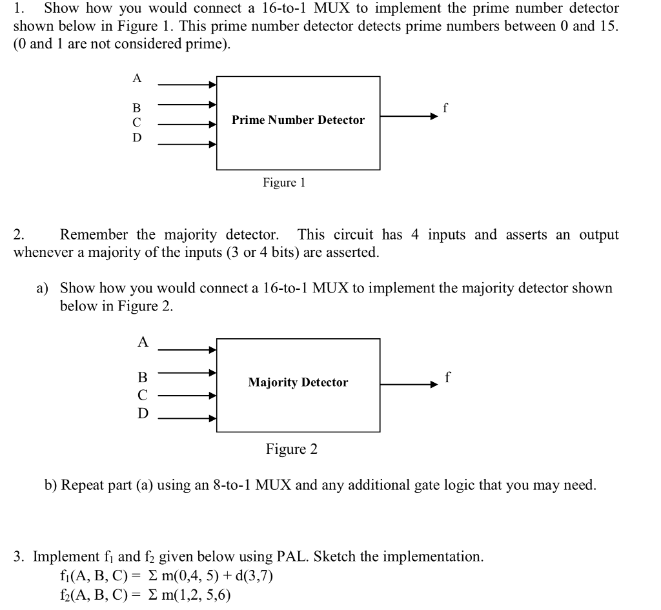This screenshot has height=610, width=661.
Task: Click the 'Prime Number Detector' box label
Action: [298, 120]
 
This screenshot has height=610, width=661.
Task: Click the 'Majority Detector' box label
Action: [298, 382]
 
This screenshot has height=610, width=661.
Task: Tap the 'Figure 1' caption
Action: [283, 183]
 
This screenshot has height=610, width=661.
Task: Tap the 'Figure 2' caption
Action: [291, 449]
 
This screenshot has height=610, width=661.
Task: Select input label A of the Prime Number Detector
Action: [136, 78]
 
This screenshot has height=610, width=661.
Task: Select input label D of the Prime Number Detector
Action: [136, 137]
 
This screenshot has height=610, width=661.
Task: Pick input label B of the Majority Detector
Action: [143, 376]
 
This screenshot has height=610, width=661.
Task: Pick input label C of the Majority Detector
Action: [143, 394]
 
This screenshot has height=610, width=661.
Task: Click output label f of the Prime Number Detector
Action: [445, 108]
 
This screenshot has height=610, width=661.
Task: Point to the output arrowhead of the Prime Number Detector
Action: [434, 117]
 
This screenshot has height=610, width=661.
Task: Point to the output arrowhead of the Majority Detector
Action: [434, 385]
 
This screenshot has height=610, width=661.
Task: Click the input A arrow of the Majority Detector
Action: [187, 350]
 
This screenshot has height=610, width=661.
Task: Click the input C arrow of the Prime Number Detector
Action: [187, 125]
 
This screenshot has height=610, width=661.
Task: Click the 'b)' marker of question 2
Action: [51, 485]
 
